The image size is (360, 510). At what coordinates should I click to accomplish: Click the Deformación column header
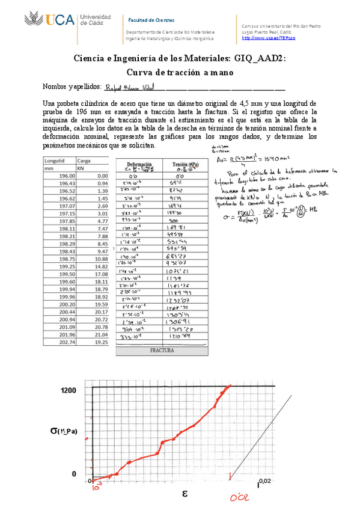point(138,163)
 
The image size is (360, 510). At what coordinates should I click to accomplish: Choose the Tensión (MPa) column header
point(186,164)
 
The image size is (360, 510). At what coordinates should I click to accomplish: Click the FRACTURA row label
point(162,349)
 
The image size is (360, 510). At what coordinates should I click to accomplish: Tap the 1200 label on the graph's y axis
point(68,392)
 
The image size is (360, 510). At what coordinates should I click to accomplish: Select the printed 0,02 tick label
point(265,481)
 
